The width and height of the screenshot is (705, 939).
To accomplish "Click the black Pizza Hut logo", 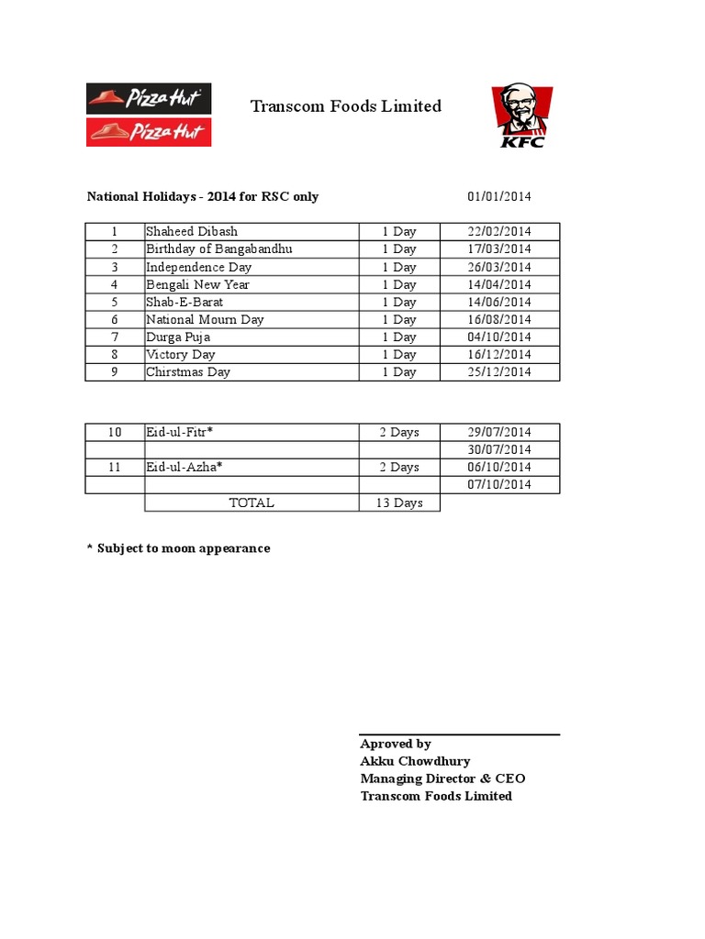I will [x=149, y=98].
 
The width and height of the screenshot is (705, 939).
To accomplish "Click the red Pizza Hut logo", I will [x=149, y=131].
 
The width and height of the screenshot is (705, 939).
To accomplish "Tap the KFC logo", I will [x=521, y=116].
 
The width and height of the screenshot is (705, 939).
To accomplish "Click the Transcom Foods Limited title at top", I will [x=346, y=106].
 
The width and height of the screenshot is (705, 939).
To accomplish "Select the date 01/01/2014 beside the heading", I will [x=499, y=196].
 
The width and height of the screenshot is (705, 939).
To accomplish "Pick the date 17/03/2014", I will [x=499, y=249].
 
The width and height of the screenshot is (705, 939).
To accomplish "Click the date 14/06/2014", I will [x=499, y=302].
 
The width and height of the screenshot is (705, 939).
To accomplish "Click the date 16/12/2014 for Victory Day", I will [x=499, y=354].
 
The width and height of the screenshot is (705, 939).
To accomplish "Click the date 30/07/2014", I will [x=499, y=449].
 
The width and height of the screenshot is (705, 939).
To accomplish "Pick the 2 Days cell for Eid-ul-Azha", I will [x=399, y=467].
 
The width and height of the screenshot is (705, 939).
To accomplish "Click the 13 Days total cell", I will [x=399, y=503].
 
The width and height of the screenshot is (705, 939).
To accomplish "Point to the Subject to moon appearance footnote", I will [x=178, y=548].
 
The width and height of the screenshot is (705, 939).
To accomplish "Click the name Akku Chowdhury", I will [x=415, y=761].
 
